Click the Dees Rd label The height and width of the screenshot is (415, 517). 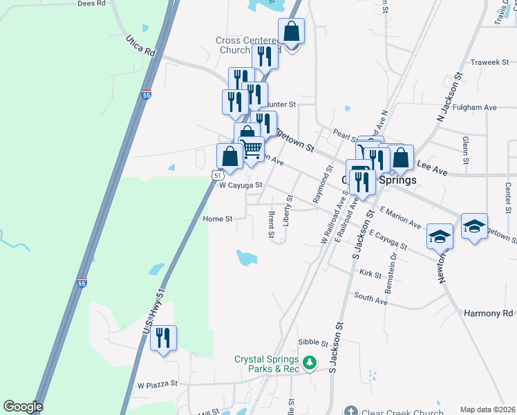91,3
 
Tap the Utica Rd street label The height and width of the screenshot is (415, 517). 140,44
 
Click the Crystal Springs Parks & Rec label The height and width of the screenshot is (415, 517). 267,364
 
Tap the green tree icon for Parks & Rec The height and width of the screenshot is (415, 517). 311,361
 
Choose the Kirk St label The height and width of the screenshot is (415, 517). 370,274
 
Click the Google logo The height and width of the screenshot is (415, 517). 22,407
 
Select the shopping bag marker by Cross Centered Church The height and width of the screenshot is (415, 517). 291,33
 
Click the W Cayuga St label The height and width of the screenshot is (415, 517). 241,185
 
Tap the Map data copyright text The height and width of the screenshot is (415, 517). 487,409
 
